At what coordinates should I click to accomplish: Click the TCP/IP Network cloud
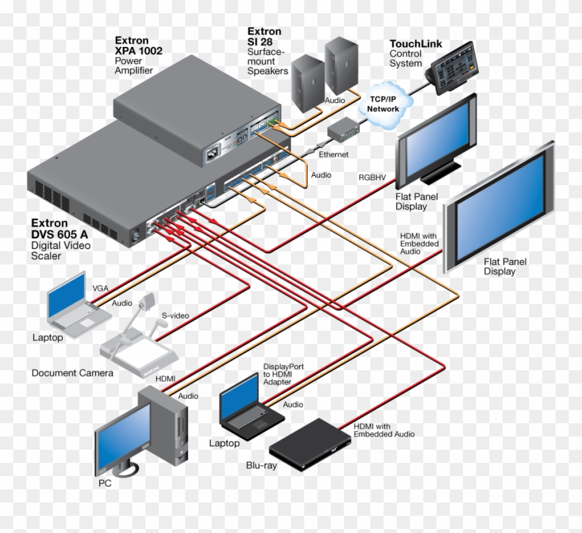click(384, 104)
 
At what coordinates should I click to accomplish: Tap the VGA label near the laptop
click(101, 288)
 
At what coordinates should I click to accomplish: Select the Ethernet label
click(333, 154)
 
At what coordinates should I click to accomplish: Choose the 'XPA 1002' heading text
click(138, 50)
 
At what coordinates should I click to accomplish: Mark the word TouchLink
click(415, 44)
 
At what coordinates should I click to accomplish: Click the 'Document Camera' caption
click(72, 373)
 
